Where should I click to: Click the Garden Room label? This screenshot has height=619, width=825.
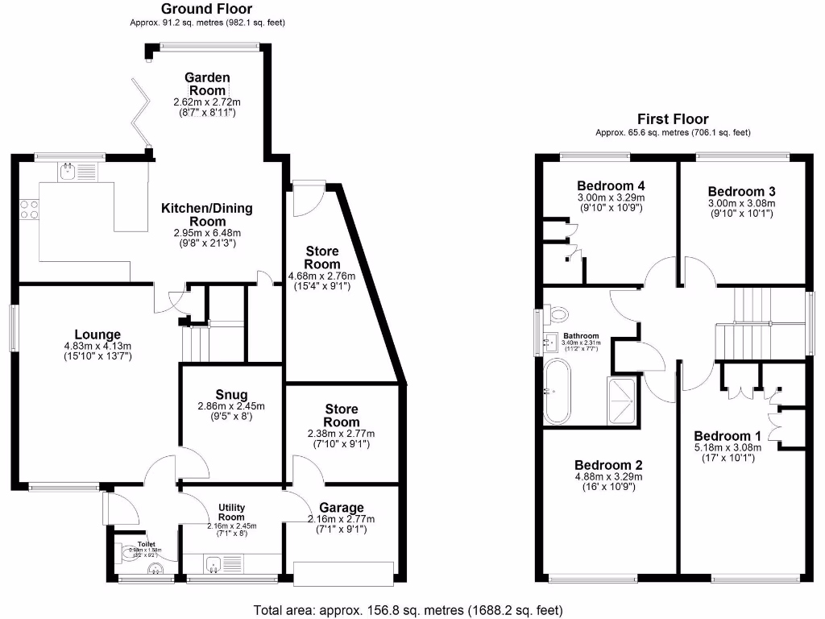click(x=207, y=84)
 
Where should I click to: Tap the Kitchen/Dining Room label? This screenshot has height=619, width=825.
click(x=207, y=214)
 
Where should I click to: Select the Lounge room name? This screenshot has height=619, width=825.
click(x=97, y=334)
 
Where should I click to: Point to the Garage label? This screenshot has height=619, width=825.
click(x=342, y=508)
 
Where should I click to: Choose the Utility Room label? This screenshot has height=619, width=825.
click(x=230, y=512)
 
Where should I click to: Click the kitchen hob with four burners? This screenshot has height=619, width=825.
click(x=29, y=210)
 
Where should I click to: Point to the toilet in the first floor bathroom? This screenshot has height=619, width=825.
click(x=557, y=312)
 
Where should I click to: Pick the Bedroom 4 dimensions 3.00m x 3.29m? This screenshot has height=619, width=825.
click(x=611, y=197)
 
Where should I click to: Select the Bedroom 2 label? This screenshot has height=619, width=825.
click(x=608, y=465)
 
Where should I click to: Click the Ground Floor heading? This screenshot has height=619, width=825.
click(x=207, y=10)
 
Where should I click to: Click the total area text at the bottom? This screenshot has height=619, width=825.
click(x=408, y=609)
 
